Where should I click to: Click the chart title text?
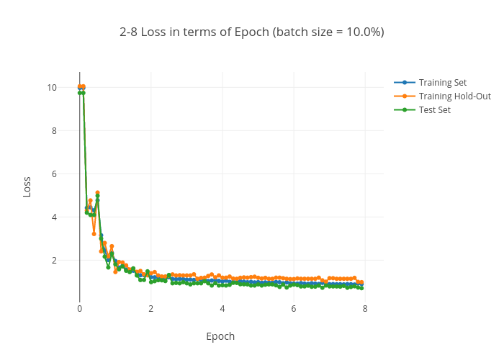tap(252, 32)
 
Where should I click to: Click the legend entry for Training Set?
tap(442, 82)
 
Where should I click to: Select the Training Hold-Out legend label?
tap(454, 96)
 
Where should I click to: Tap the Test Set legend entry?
tap(434, 109)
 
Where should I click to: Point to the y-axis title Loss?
tap(27, 187)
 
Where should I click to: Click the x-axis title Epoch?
tap(220, 336)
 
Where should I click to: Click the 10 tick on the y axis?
tap(71, 88)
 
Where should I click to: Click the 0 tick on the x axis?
tap(79, 308)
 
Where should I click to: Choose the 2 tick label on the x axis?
tap(150, 308)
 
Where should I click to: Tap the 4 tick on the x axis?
tap(222, 308)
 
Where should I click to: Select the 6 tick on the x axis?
tap(294, 308)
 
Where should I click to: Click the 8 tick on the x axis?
tap(365, 308)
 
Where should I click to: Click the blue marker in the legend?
tap(405, 82)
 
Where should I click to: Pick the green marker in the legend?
tap(405, 109)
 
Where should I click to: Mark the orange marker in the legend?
tap(405, 96)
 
